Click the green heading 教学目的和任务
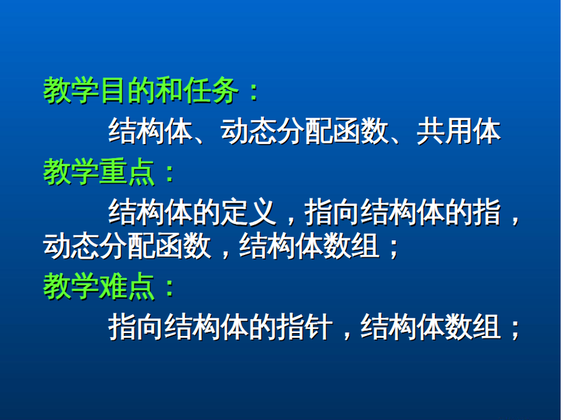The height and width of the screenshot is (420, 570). (x=140, y=91)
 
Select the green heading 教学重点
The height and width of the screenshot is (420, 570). (x=99, y=172)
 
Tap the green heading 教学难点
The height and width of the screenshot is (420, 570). (x=99, y=287)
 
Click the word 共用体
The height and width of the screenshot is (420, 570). (x=459, y=131)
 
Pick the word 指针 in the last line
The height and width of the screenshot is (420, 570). (x=305, y=327)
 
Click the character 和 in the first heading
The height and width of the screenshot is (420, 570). (x=169, y=91)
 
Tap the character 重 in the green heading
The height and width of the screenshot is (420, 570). (x=113, y=172)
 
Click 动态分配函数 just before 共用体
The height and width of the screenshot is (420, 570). (x=305, y=131)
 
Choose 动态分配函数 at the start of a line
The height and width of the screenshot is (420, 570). (x=127, y=246)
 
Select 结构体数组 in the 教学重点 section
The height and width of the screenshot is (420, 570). (x=310, y=246)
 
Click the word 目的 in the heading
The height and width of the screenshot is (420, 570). (x=127, y=91)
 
